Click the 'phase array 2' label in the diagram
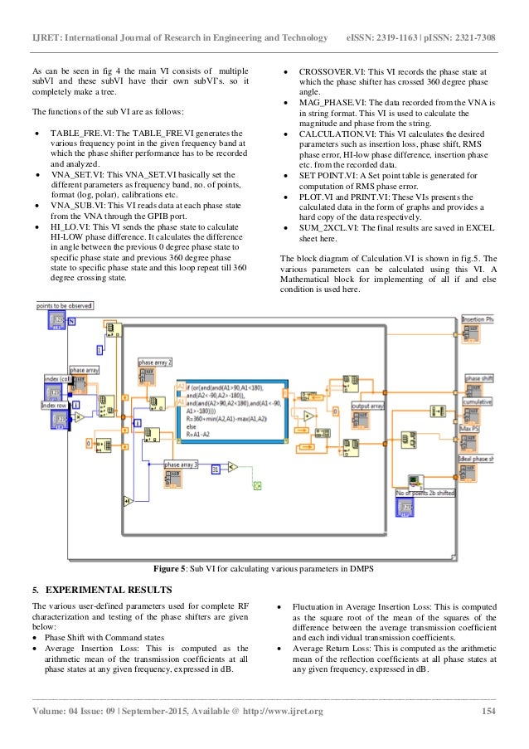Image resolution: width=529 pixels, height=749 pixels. tap(155, 363)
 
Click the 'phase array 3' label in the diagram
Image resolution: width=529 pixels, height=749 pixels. tap(181, 464)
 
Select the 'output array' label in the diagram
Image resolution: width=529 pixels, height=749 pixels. tap(366, 406)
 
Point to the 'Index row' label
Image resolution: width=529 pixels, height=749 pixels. tap(53, 405)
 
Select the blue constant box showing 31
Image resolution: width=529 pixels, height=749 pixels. tap(215, 469)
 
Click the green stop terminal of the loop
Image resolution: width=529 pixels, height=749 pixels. tap(257, 484)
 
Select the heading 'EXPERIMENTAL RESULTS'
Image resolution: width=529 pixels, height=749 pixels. tap(109, 590)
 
